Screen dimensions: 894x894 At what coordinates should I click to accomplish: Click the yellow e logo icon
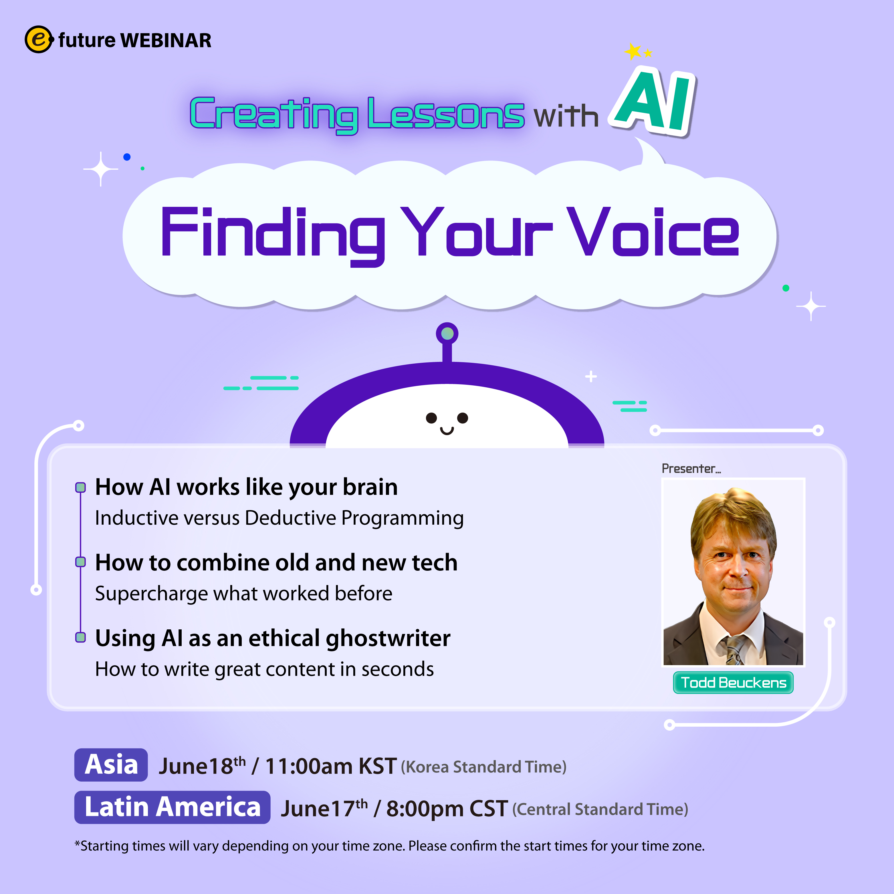(39, 39)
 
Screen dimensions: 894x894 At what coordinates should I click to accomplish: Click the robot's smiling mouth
(447, 431)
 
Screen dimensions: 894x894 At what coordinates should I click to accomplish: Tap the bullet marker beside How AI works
(80, 487)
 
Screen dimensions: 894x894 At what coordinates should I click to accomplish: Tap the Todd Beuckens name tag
(733, 683)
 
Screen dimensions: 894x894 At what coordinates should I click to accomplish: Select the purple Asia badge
(111, 764)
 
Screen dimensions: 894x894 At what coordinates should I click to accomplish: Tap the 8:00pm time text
(425, 809)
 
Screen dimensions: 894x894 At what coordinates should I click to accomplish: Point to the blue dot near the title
(127, 157)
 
